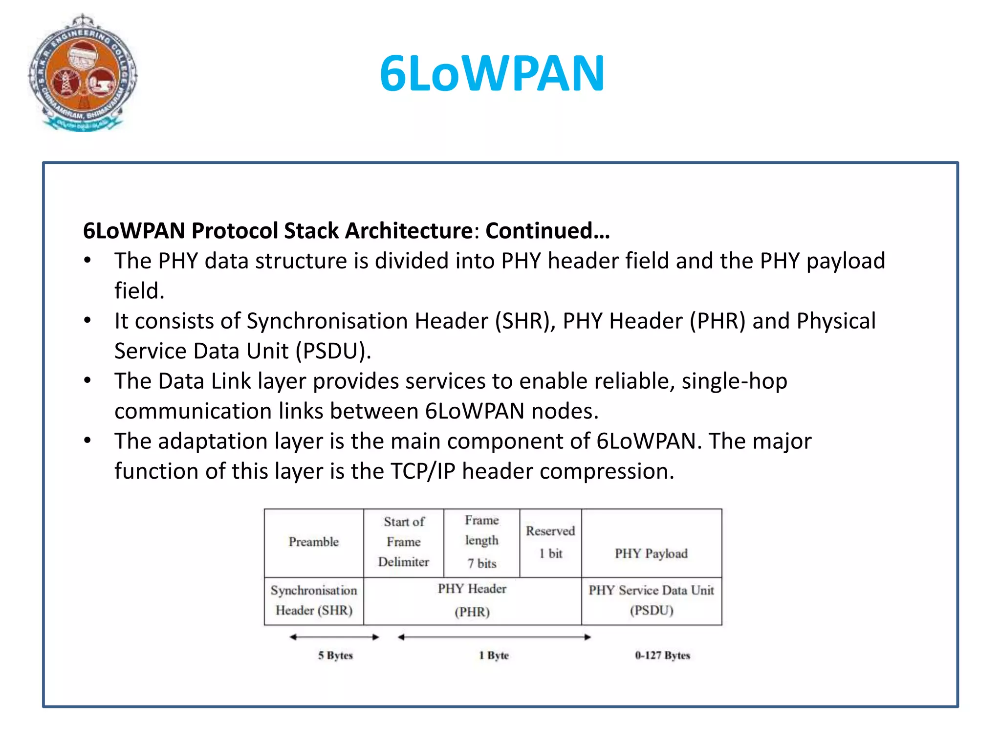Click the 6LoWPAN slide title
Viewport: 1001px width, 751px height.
tap(492, 73)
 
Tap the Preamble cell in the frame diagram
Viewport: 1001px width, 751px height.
tap(314, 542)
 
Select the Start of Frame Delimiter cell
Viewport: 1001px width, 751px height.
tap(404, 542)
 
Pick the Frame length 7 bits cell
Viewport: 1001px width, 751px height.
tap(482, 542)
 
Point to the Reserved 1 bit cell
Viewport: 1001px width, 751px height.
tap(550, 542)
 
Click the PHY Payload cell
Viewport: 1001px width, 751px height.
tap(651, 553)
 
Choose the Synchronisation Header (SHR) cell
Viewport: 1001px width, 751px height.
tap(314, 600)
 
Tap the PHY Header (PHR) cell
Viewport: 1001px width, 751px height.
tap(472, 600)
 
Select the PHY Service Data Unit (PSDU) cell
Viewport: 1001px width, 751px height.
tap(651, 600)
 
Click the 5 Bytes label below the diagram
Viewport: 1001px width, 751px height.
tap(335, 656)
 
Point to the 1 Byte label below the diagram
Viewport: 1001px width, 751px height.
tap(494, 656)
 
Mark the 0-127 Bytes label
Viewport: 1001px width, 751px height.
tap(662, 656)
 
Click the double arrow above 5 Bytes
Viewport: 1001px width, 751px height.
tap(334, 637)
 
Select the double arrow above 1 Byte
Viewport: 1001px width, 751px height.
tap(494, 637)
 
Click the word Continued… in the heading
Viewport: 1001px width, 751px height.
tap(547, 231)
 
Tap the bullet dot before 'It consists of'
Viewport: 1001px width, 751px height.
tap(87, 321)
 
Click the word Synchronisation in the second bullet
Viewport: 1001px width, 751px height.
tap(327, 321)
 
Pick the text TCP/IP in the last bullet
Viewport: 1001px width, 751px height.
tap(423, 471)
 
